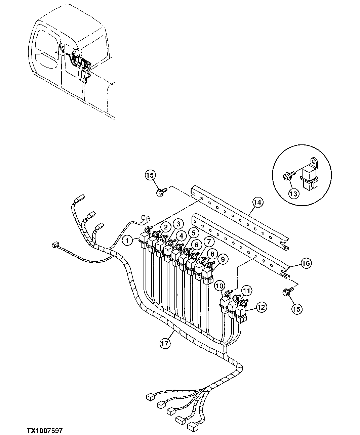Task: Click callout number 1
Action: [x=127, y=240]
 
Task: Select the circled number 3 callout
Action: [x=178, y=223]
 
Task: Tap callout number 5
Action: [x=193, y=232]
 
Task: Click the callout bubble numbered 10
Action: [x=219, y=286]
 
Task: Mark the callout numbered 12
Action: [x=262, y=306]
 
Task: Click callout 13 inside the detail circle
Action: [x=294, y=193]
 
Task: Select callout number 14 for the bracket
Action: [x=258, y=202]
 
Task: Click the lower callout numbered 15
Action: [x=297, y=309]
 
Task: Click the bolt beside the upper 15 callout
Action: [x=159, y=193]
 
